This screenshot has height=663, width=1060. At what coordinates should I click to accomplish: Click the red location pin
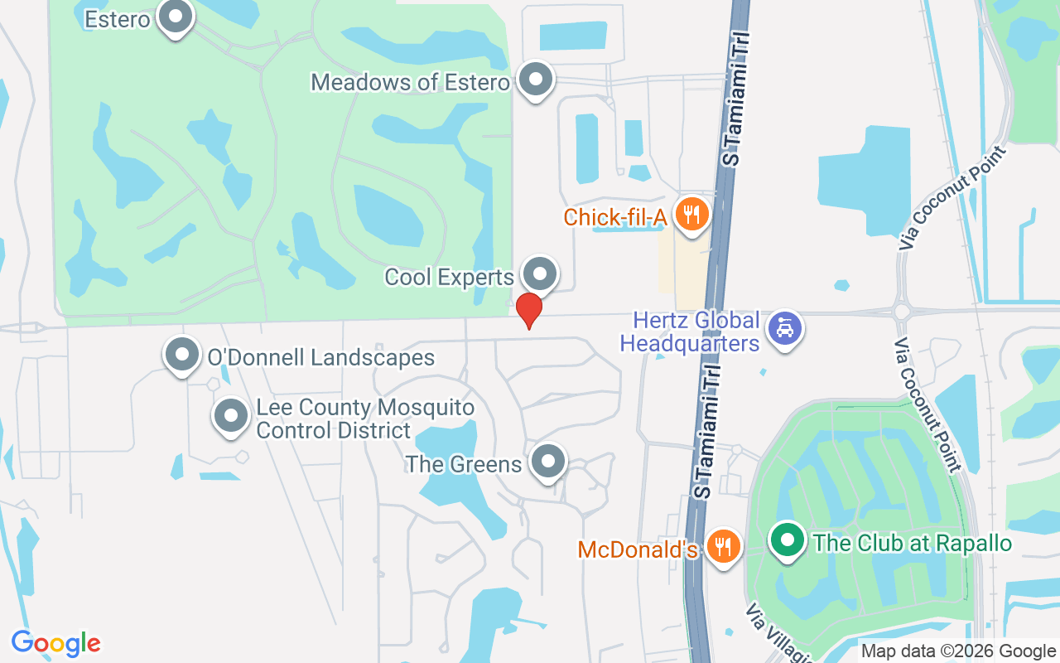[x=528, y=310]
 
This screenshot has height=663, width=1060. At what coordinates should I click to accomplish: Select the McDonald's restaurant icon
[x=724, y=546]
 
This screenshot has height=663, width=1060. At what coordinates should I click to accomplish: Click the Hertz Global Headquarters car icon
[x=783, y=328]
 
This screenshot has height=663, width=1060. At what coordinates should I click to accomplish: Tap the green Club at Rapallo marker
[x=788, y=540]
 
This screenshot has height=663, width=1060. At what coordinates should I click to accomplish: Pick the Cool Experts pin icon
[x=541, y=273]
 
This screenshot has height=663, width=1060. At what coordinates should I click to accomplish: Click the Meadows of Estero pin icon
[x=535, y=80]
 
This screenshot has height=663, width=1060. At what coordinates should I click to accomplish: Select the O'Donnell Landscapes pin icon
[x=182, y=355]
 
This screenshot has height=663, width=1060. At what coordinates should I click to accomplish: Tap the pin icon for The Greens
[x=547, y=462]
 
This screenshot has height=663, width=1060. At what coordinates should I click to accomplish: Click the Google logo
[x=55, y=643]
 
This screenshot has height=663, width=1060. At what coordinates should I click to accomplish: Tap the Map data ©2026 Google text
[x=958, y=651]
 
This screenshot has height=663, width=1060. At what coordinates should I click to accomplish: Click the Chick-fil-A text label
[x=616, y=217]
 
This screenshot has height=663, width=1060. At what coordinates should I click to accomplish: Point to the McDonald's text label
[x=638, y=549]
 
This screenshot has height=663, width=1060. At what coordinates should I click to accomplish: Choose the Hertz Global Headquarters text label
[x=690, y=331]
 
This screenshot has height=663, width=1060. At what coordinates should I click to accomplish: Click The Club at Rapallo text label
[x=913, y=544]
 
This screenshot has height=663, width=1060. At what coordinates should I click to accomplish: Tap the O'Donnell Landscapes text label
[x=320, y=358]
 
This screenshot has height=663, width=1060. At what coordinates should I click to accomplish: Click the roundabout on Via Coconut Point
[x=902, y=312]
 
